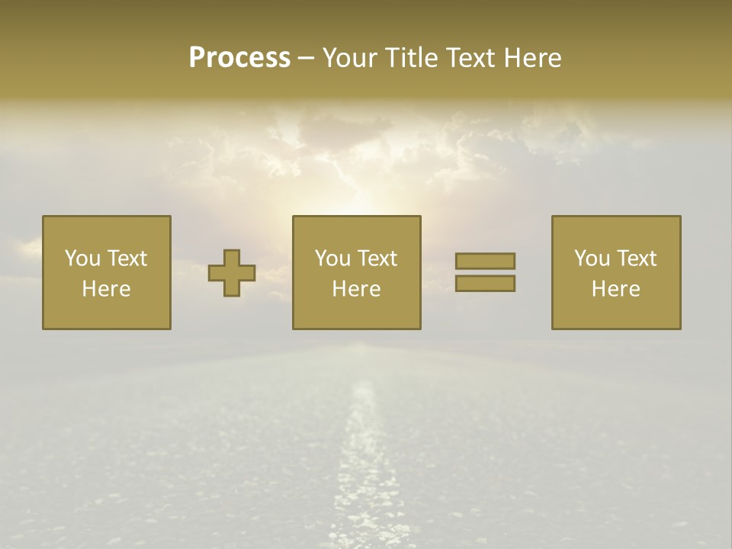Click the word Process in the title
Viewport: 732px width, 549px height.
pos(239,58)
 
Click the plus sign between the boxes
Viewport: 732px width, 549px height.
pos(232,273)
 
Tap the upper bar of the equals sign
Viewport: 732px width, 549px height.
pos(485,261)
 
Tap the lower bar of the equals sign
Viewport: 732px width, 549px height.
pos(485,283)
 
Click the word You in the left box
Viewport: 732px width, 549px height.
pos(82,258)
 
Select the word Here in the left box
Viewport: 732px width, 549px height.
pos(106,289)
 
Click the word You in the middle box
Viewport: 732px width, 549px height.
pos(332,258)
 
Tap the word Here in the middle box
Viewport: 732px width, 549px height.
pos(356,289)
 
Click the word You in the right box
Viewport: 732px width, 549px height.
pos(592,258)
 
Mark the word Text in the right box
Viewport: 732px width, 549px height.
pos(636,258)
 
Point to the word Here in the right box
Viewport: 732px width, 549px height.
pos(615,289)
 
